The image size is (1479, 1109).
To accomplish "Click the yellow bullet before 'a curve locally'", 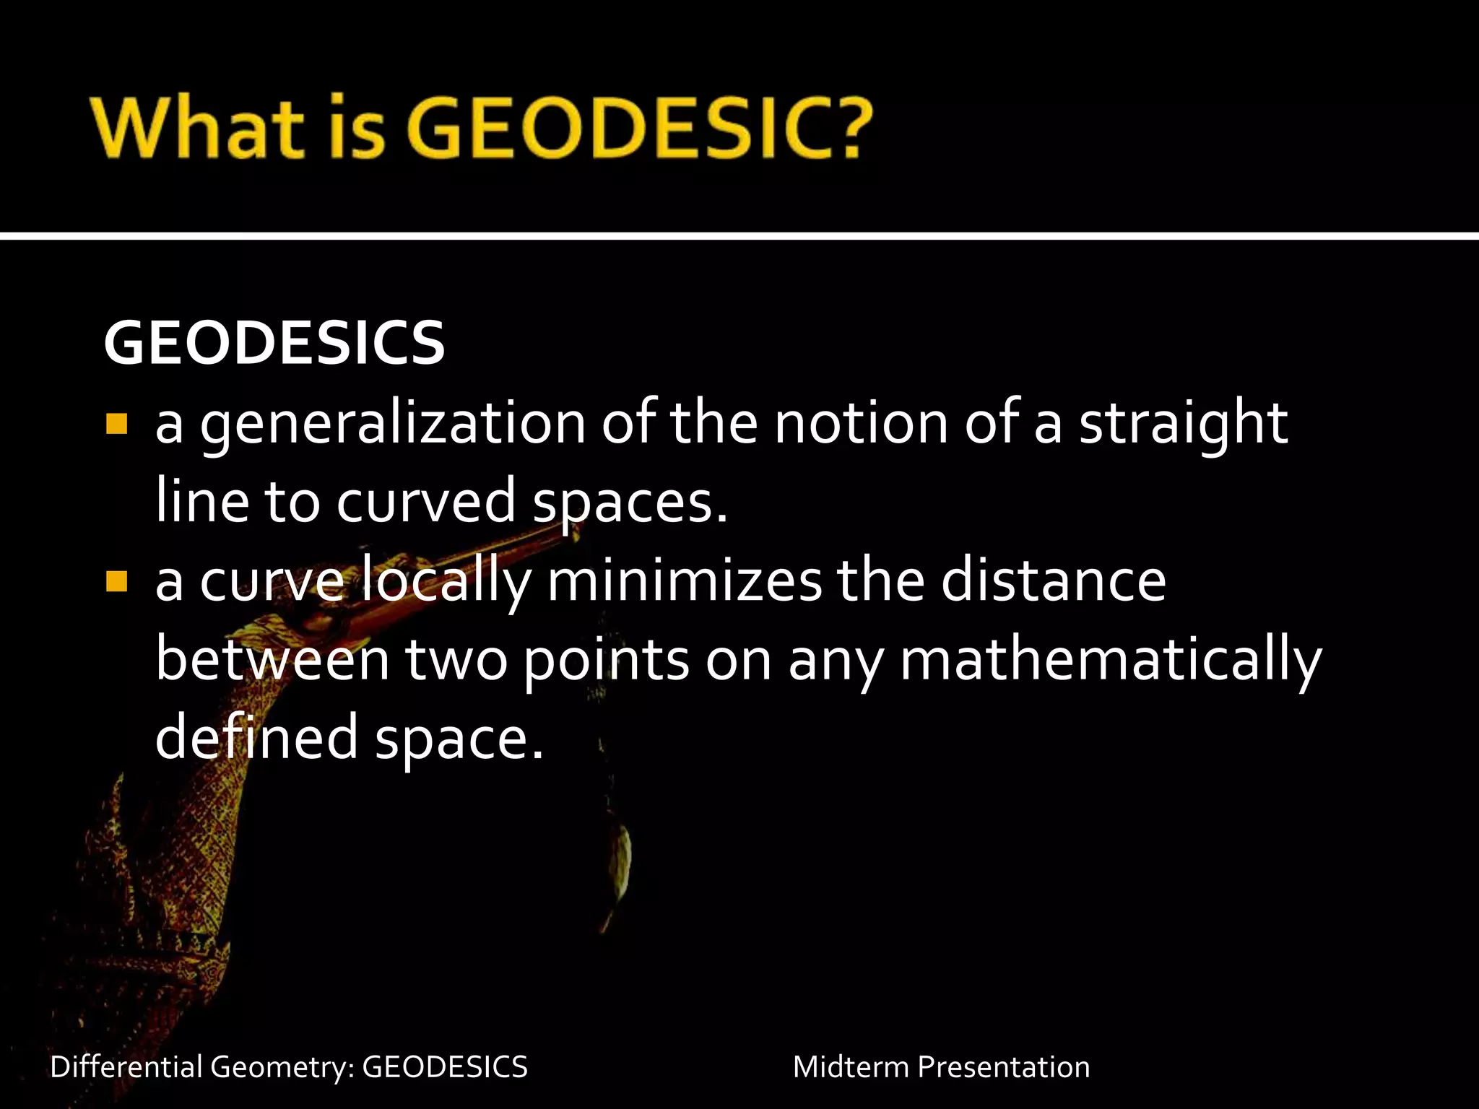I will [x=116, y=581].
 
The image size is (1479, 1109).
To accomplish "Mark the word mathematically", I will [x=1110, y=660].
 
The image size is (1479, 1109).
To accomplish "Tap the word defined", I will [x=256, y=736].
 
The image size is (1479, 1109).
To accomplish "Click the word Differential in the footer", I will [x=126, y=1066].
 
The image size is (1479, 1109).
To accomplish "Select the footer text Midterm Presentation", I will [x=941, y=1066].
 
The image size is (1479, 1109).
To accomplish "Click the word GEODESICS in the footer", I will [x=445, y=1066].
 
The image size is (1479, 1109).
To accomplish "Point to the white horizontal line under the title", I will [x=739, y=235].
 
